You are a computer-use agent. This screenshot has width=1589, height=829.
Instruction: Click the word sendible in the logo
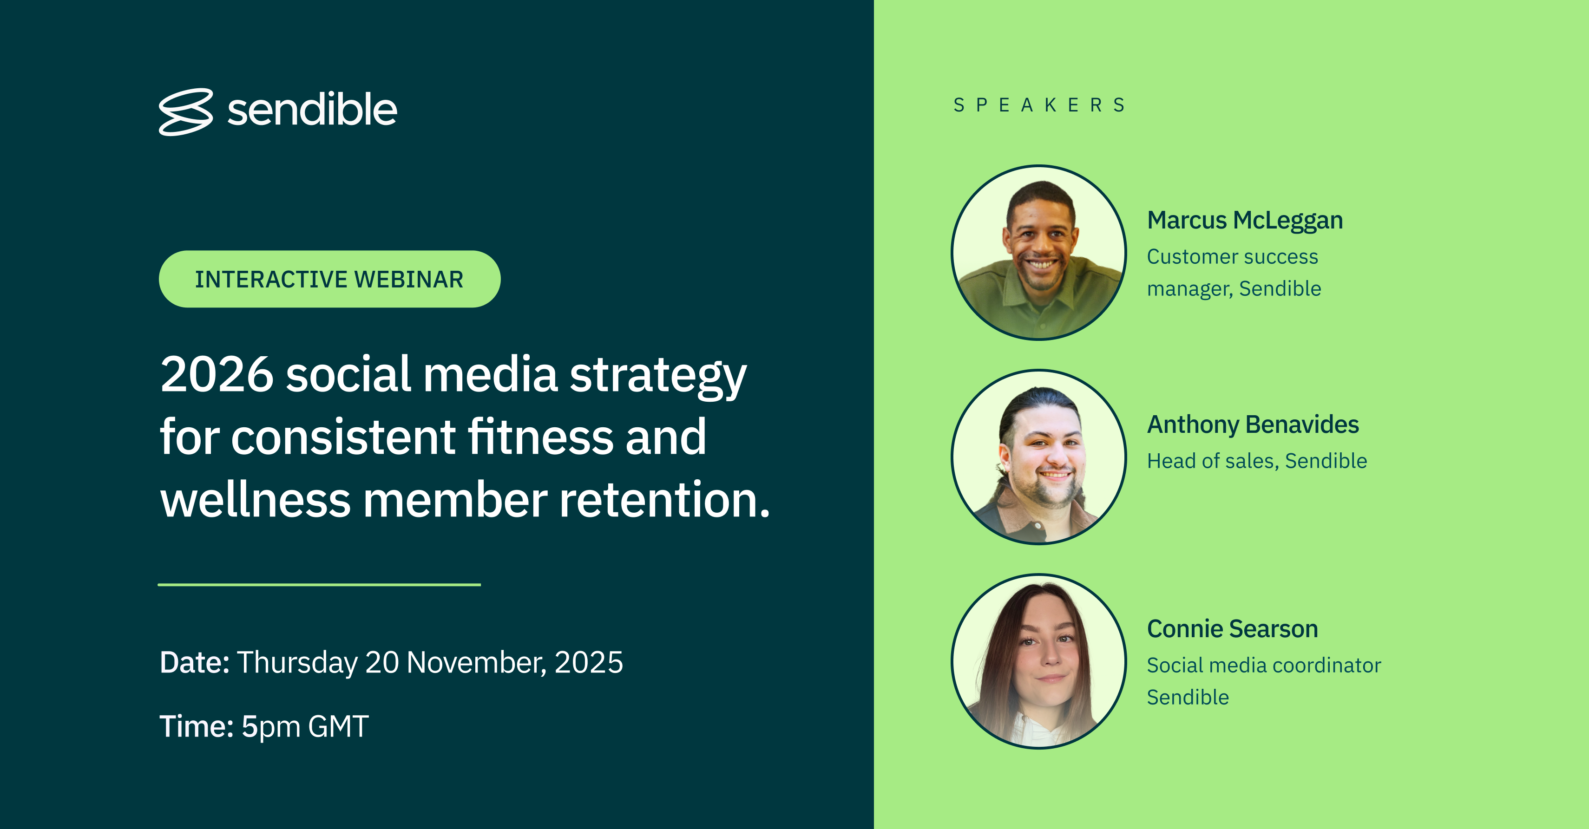coord(312,110)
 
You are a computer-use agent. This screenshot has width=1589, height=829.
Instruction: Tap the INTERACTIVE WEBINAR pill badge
coord(329,279)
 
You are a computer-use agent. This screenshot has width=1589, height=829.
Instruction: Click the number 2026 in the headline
coord(217,374)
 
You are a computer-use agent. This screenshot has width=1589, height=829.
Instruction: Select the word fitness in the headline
coord(540,436)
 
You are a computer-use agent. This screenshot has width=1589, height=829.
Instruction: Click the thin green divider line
coord(319,584)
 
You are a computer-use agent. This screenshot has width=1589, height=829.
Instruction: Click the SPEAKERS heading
coord(1039,105)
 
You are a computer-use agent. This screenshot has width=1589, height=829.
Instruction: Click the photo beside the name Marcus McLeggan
coord(1039,252)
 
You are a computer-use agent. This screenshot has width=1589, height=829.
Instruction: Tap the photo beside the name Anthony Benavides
coord(1039,457)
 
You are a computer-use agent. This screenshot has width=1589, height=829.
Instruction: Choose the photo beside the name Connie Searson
coord(1039,661)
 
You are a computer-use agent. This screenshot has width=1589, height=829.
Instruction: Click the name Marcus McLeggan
coord(1245,221)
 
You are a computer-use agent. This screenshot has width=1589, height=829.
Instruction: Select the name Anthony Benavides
coord(1253,424)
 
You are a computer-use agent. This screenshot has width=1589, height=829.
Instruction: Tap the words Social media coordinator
coord(1264,666)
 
